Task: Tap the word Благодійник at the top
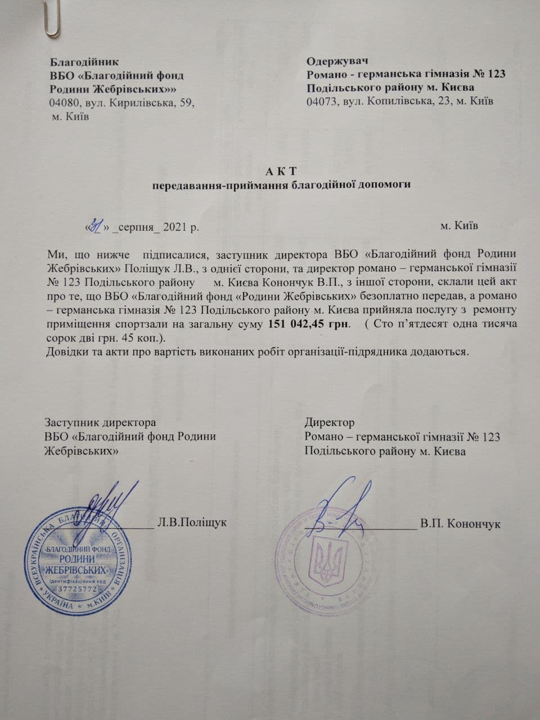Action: tap(84, 61)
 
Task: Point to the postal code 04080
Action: tap(64, 103)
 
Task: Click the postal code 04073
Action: tap(321, 102)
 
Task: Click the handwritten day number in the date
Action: tap(96, 226)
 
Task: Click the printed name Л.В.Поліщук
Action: tap(192, 523)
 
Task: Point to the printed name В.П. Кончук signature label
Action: tap(460, 524)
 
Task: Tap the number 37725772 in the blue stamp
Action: tap(77, 589)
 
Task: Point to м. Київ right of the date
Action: tap(460, 226)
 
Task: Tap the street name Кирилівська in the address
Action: tap(139, 103)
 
